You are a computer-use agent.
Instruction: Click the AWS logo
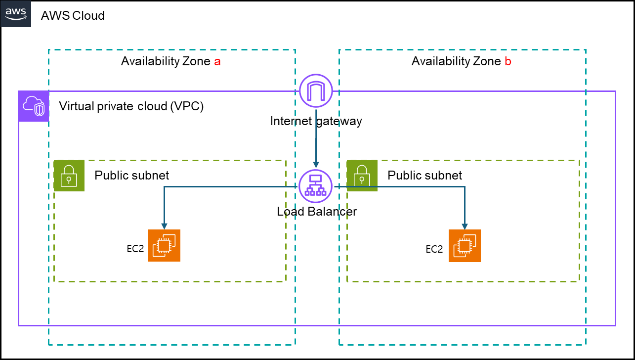(15, 13)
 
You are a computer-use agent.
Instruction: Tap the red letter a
(217, 62)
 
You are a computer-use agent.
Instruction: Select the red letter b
(508, 61)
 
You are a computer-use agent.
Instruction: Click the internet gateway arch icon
(316, 90)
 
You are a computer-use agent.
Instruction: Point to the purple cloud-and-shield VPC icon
(34, 106)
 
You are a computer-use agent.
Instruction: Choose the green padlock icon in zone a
(69, 176)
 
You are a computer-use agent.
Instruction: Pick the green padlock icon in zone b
(362, 176)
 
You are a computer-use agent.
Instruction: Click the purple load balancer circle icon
(315, 186)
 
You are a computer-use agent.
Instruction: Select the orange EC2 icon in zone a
(164, 245)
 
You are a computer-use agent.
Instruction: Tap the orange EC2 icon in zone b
(465, 245)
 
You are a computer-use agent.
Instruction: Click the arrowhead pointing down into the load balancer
(316, 165)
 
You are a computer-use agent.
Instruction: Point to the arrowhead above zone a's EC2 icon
(164, 226)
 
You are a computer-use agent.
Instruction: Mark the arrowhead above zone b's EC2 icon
(465, 226)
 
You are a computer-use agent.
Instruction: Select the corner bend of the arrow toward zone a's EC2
(164, 186)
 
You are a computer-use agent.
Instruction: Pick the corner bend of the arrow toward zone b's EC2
(465, 186)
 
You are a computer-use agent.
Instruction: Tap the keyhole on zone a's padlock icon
(69, 179)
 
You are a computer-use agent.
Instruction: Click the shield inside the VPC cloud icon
(40, 110)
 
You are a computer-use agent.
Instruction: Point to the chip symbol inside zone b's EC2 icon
(465, 245)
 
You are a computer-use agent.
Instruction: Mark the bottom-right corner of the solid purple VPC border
(615, 325)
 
